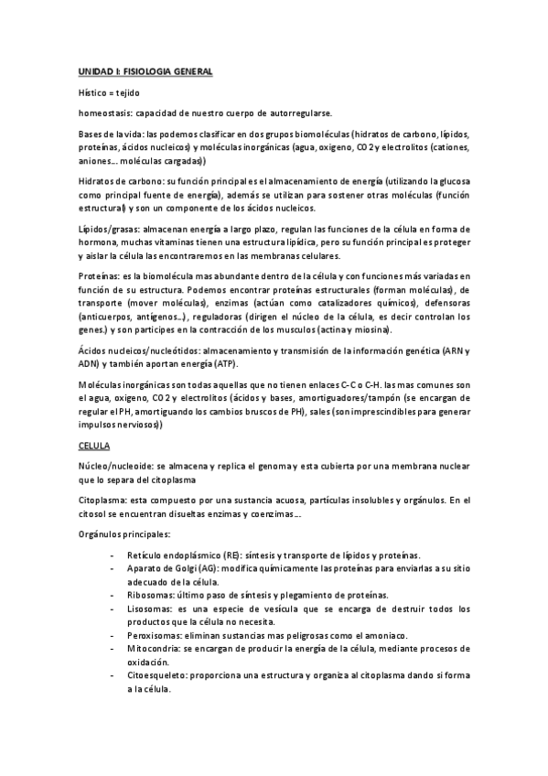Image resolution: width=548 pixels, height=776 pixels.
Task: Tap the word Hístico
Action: pyautogui.click(x=92, y=92)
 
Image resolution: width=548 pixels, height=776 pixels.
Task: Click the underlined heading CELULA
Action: pyautogui.click(x=94, y=445)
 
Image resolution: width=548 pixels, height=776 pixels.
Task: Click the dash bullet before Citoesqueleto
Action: pyautogui.click(x=111, y=675)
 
